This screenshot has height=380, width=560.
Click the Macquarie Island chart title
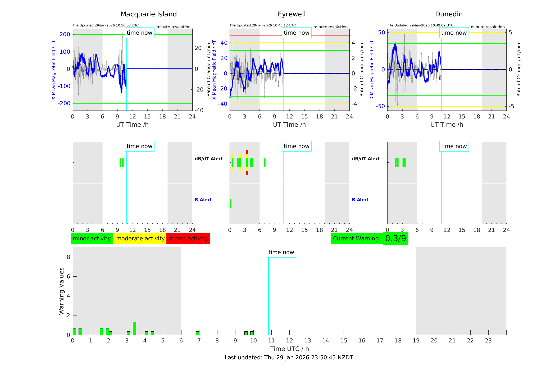pyautogui.click(x=149, y=14)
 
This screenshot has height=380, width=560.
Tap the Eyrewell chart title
pyautogui.click(x=292, y=14)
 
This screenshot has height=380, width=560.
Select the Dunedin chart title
pyautogui.click(x=449, y=14)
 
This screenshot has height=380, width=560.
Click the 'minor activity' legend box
pyautogui.click(x=92, y=239)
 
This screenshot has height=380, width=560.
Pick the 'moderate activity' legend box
pyautogui.click(x=140, y=239)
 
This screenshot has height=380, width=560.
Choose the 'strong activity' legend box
pyautogui.click(x=188, y=239)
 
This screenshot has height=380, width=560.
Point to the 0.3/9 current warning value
pyautogui.click(x=395, y=239)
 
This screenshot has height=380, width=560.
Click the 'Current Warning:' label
pyautogui.click(x=357, y=239)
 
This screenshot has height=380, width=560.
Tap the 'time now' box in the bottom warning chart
pyautogui.click(x=281, y=252)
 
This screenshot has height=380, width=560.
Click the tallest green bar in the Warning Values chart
pyautogui.click(x=134, y=328)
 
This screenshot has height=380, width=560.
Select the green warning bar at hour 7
pyautogui.click(x=198, y=333)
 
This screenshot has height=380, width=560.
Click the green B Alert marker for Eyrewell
pyautogui.click(x=230, y=204)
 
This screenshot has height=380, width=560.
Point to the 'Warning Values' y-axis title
pyautogui.click(x=62, y=291)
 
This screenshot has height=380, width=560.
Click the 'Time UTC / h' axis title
pyautogui.click(x=289, y=349)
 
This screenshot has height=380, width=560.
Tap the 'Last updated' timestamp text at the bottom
pyautogui.click(x=289, y=358)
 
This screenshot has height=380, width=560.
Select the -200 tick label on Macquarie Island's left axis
pyautogui.click(x=64, y=103)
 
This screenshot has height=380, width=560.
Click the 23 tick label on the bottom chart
pyautogui.click(x=488, y=341)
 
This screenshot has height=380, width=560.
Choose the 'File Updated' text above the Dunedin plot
pyautogui.click(x=420, y=25)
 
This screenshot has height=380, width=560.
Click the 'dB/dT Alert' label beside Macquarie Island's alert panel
pyautogui.click(x=209, y=159)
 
